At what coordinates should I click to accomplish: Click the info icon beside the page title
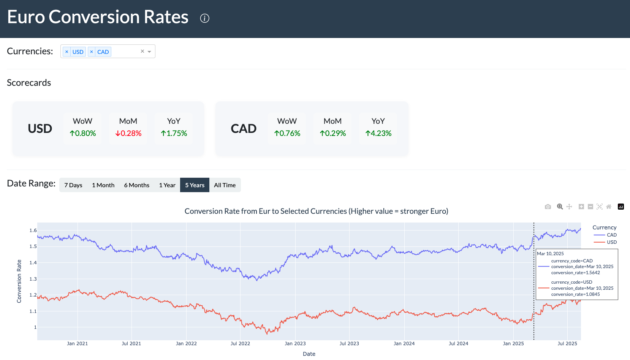tap(204, 18)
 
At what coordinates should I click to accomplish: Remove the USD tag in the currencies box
tap(67, 52)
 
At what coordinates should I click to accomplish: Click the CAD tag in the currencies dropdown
tap(103, 52)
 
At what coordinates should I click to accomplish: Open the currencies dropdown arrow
tap(149, 52)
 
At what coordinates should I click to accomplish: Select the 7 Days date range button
tap(73, 185)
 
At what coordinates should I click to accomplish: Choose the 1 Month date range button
tap(103, 185)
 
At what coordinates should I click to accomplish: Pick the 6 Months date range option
tap(136, 185)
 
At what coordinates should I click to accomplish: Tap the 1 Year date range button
tap(167, 185)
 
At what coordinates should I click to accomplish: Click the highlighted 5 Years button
tap(195, 185)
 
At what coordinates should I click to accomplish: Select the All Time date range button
tap(225, 185)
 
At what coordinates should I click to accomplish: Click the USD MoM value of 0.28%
tap(128, 133)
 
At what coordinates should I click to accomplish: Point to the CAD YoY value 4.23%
tap(378, 133)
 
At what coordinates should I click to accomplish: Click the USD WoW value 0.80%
tap(83, 133)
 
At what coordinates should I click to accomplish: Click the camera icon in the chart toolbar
tap(548, 207)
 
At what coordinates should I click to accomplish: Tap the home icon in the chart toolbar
tap(609, 207)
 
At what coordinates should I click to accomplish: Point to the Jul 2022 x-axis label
tap(240, 343)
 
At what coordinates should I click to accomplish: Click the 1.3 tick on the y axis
tap(33, 279)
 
